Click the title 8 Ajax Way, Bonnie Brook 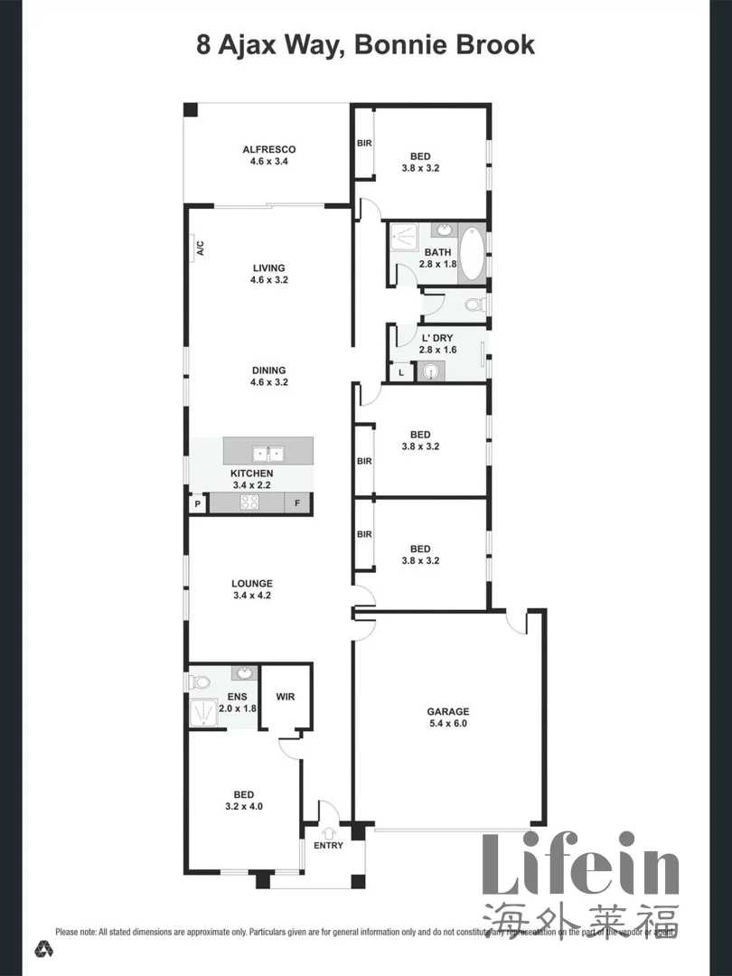click(365, 44)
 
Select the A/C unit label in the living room click(200, 249)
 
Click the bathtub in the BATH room click(473, 251)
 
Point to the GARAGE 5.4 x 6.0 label click(447, 717)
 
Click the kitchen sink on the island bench click(268, 453)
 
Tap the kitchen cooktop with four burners click(249, 503)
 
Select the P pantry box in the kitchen click(196, 504)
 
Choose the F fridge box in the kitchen click(297, 504)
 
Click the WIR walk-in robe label click(286, 697)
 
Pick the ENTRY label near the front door click(328, 846)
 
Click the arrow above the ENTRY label click(328, 831)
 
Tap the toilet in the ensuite click(200, 682)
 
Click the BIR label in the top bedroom click(364, 143)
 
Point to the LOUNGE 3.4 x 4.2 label click(251, 589)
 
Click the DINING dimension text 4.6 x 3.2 click(268, 382)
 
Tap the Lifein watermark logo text click(579, 865)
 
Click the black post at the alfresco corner click(191, 109)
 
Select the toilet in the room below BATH click(474, 305)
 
